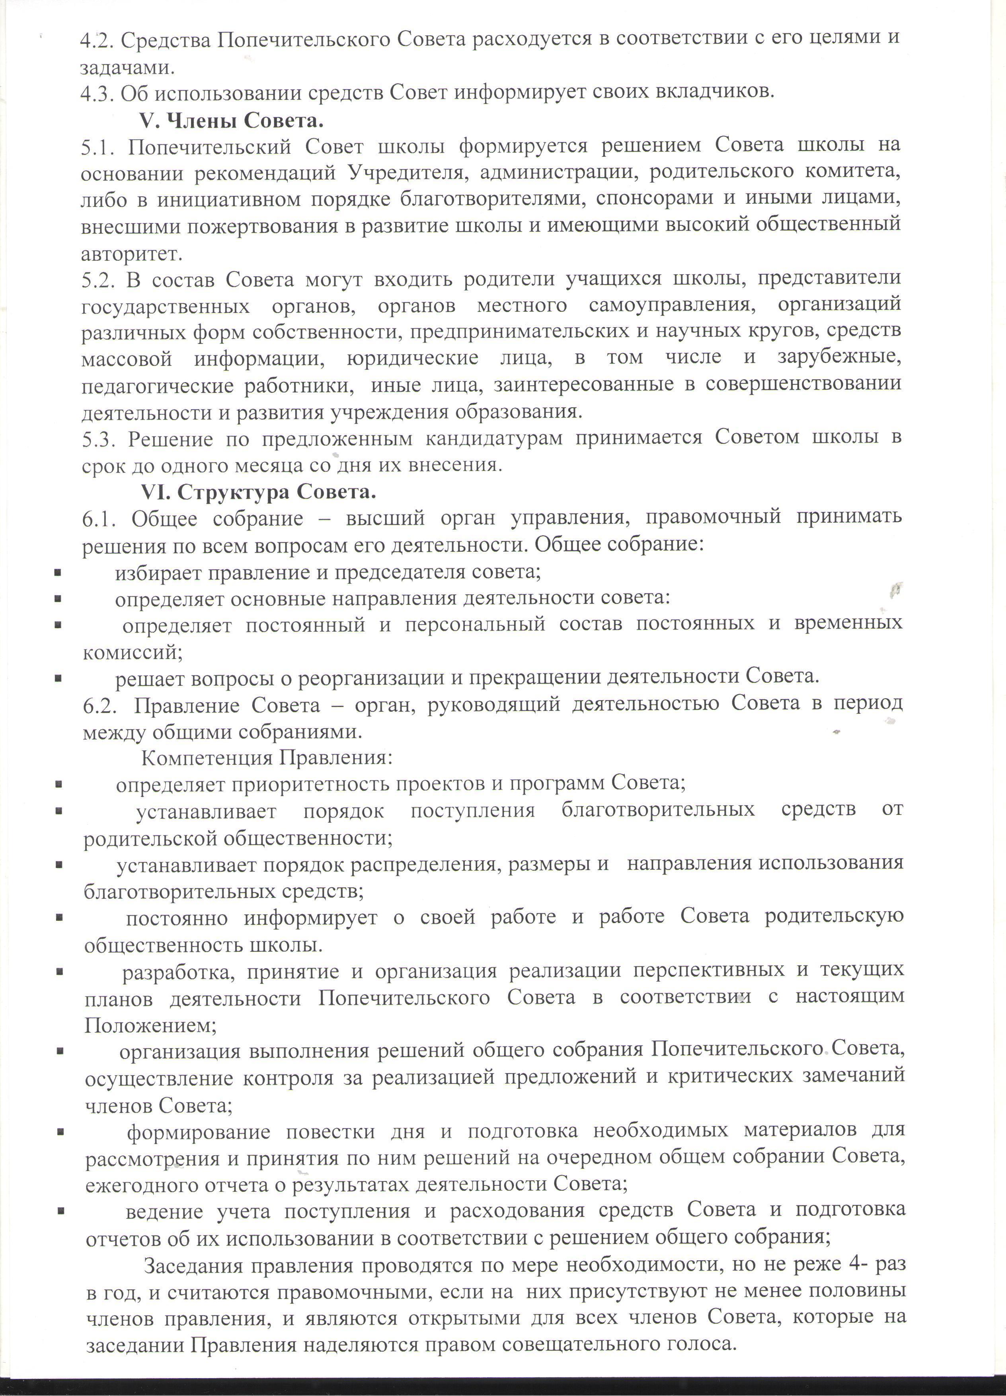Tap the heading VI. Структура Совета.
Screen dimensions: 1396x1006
[258, 492]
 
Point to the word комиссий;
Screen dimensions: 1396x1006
[133, 652]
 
